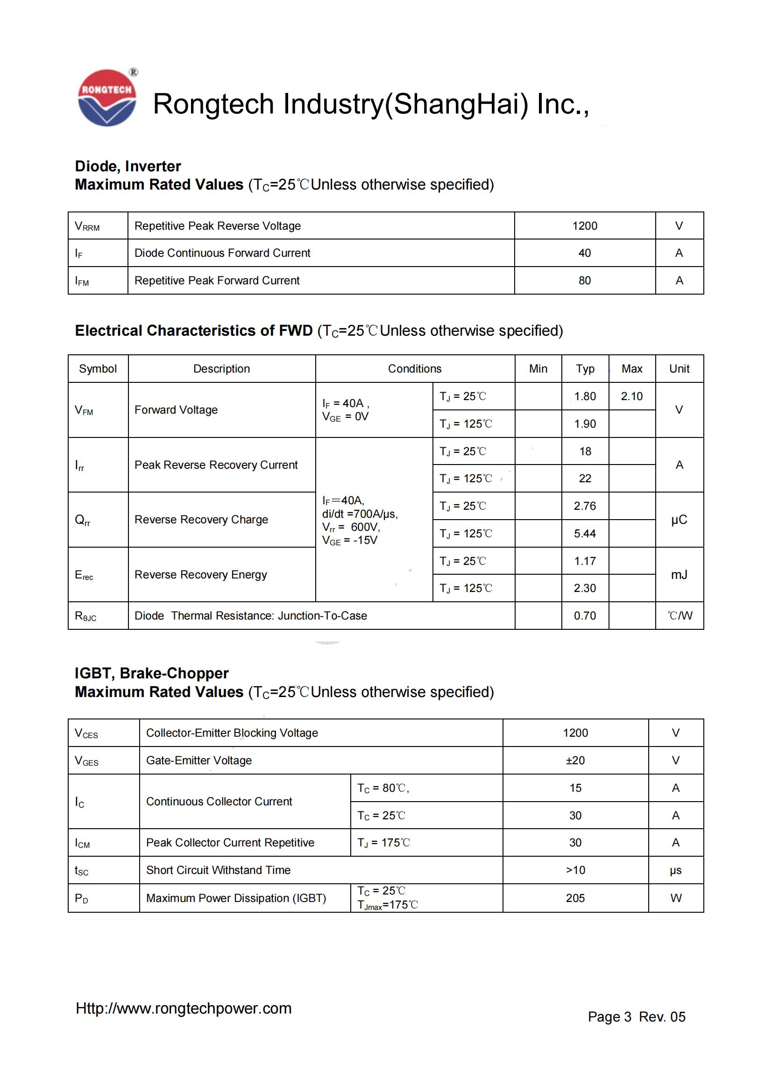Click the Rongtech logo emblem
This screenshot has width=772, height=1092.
coord(107,98)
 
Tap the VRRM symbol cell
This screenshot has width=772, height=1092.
coord(87,226)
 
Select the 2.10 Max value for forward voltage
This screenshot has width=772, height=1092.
coord(631,396)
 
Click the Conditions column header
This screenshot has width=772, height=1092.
coord(414,369)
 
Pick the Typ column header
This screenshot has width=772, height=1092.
coord(585,369)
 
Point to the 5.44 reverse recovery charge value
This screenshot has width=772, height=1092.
coord(585,533)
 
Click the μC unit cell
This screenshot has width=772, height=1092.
coord(679,519)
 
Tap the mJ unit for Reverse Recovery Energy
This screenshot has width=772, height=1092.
coord(679,575)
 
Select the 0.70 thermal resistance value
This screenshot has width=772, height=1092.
coord(585,615)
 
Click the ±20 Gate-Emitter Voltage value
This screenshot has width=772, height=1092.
coord(575,761)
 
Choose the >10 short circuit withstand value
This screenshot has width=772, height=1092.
coord(575,870)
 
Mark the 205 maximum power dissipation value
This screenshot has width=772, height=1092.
coord(575,898)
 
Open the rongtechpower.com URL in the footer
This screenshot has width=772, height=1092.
coord(184,1008)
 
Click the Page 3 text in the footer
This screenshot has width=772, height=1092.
coord(609,1016)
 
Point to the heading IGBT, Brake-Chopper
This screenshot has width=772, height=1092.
coord(151,673)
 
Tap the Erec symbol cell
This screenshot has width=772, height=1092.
coord(84,575)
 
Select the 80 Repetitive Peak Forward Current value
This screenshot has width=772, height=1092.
coord(585,281)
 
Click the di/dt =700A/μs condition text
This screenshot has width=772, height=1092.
coord(360,514)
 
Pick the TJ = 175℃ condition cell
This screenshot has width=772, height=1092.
coord(383,842)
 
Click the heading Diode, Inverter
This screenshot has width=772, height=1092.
coord(127,166)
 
